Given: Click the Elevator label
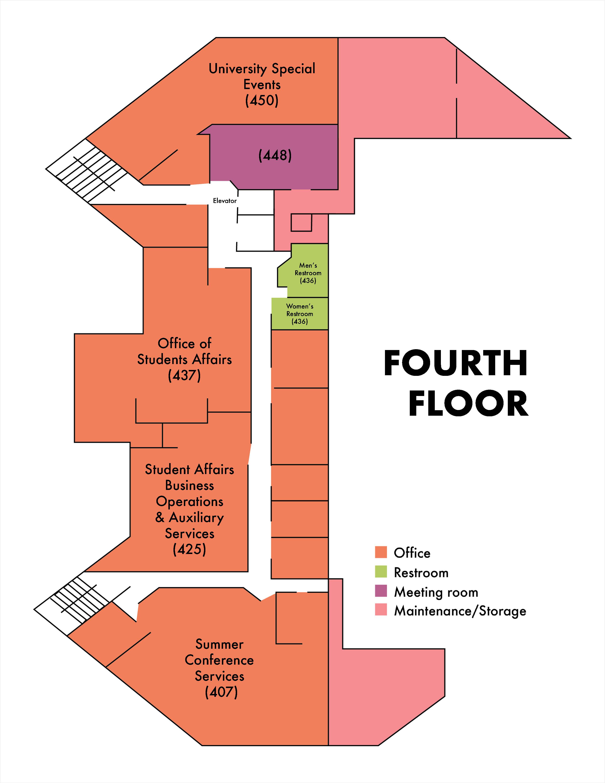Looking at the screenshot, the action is [x=225, y=201].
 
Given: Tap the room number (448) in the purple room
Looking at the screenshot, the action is [x=275, y=155].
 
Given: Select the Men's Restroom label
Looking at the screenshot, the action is [x=308, y=273].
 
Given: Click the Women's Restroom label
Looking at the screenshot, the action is [x=300, y=314].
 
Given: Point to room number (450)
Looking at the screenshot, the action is [x=262, y=100].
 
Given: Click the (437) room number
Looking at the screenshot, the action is [x=184, y=375].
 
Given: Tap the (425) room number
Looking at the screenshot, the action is [x=190, y=549].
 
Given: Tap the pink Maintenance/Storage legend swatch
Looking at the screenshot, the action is [x=381, y=610].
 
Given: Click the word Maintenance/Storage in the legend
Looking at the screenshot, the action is [x=460, y=611].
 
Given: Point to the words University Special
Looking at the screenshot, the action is [x=262, y=69].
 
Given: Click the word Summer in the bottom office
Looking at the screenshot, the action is [x=219, y=644].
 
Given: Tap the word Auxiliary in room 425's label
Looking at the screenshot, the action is [x=196, y=518].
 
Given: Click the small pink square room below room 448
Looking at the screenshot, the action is [x=301, y=223].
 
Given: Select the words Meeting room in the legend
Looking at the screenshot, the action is [x=436, y=592].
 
